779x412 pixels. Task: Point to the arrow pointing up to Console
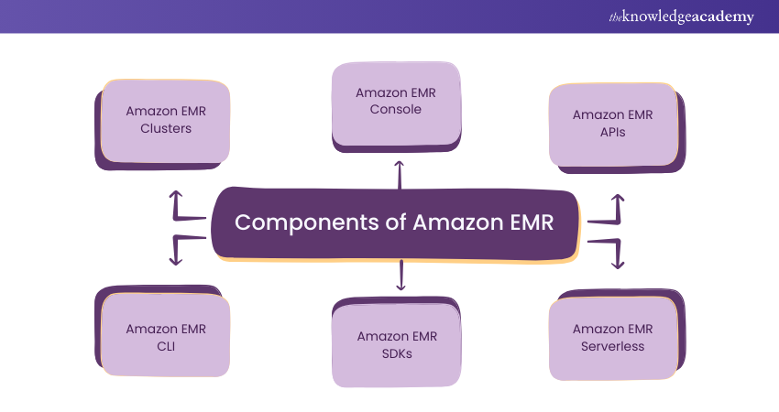pyautogui.click(x=400, y=174)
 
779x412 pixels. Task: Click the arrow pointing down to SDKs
pyautogui.click(x=400, y=275)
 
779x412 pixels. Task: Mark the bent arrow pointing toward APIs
pyautogui.click(x=609, y=210)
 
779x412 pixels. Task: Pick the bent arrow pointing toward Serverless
pyautogui.click(x=609, y=250)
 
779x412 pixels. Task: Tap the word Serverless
pyautogui.click(x=612, y=346)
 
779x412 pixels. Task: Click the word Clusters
pyautogui.click(x=166, y=128)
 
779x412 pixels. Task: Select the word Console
pyautogui.click(x=396, y=109)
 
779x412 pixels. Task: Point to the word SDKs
pyautogui.click(x=397, y=353)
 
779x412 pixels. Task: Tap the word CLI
pyautogui.click(x=166, y=346)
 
